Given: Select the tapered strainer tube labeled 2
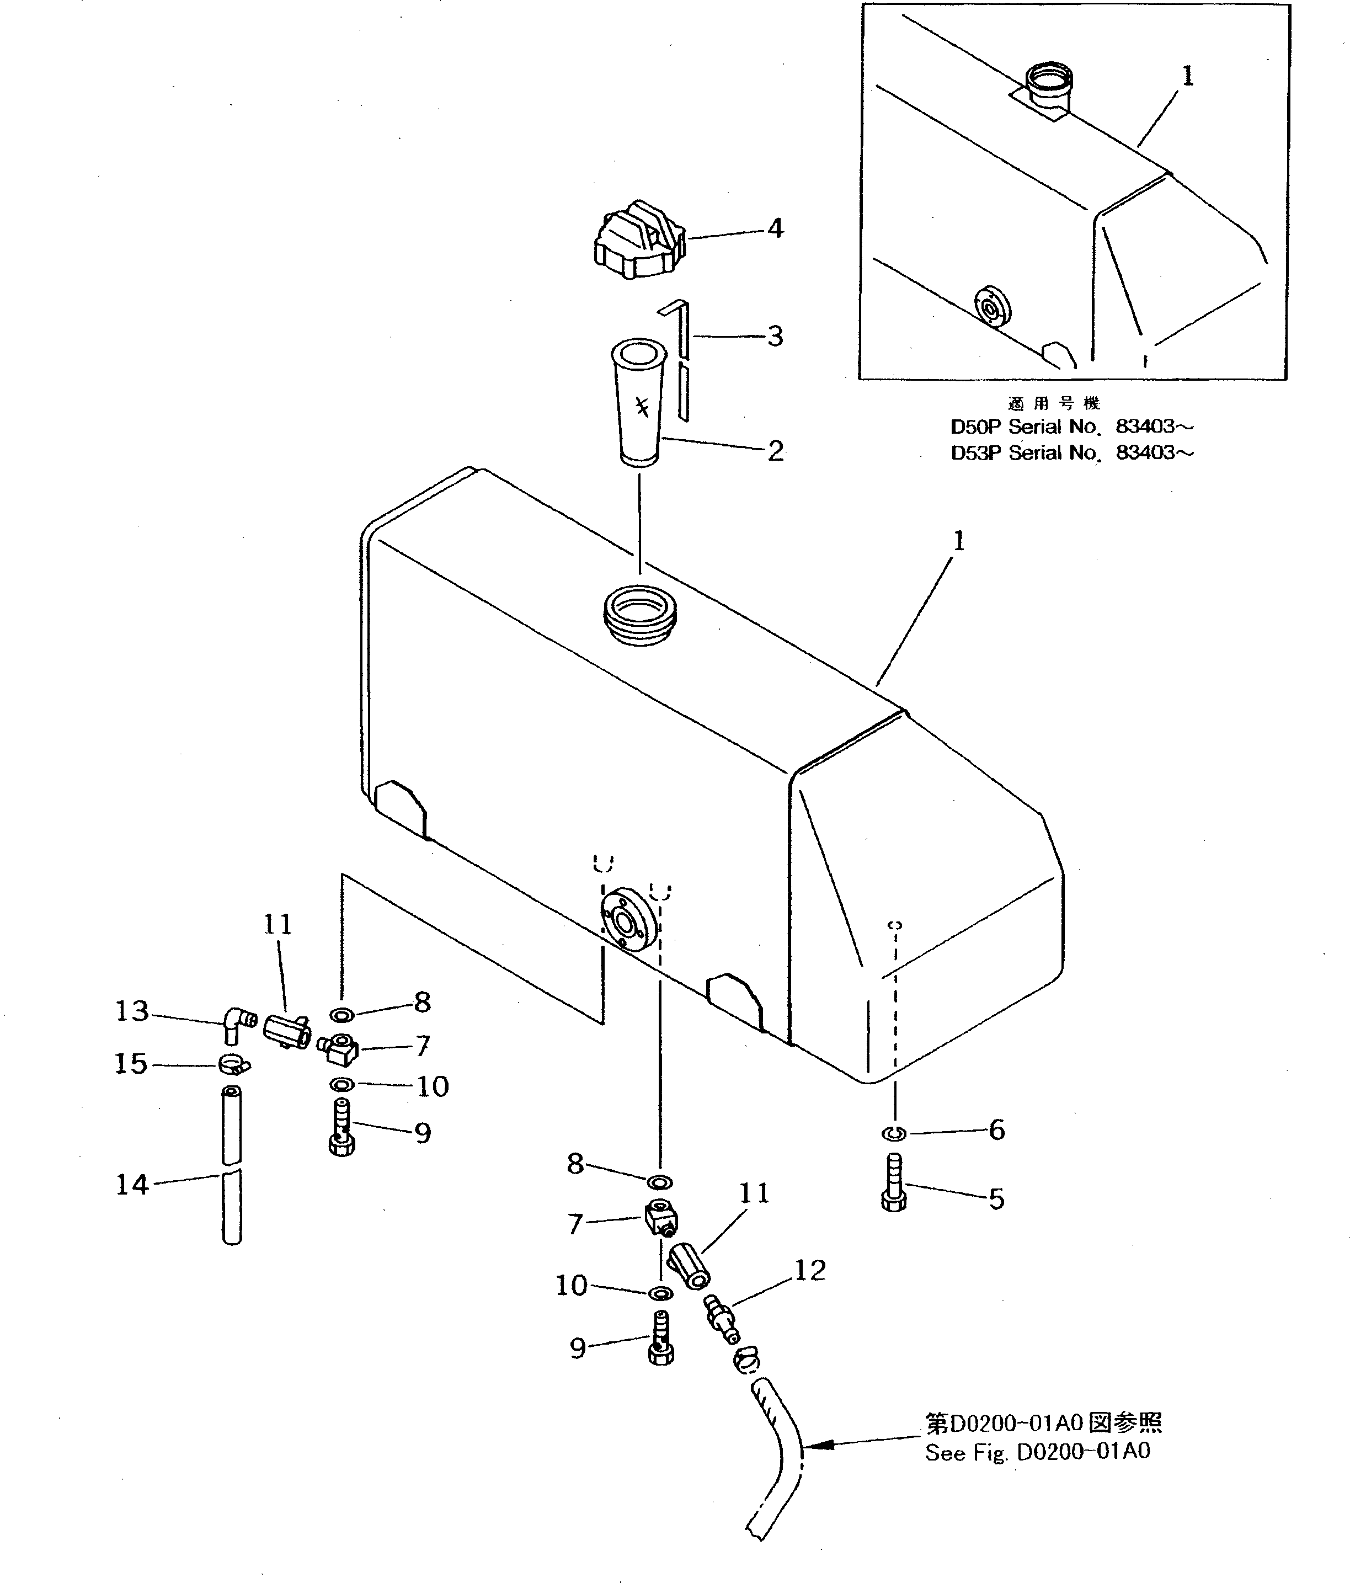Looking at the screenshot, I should [x=638, y=405].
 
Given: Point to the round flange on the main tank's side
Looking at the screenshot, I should [x=628, y=921].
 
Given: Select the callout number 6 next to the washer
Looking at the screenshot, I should [x=996, y=1129].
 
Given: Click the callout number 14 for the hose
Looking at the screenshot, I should [x=131, y=1185].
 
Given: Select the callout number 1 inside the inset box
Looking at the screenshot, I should [x=1187, y=76].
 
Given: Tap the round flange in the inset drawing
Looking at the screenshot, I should [x=993, y=307].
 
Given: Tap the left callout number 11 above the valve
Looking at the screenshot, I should [x=278, y=925].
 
